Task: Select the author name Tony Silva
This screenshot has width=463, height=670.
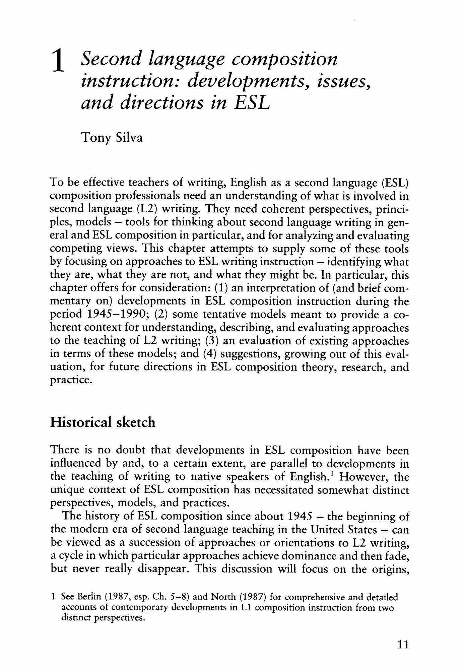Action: tap(112, 138)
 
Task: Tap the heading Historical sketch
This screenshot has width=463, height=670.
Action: tap(103, 422)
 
